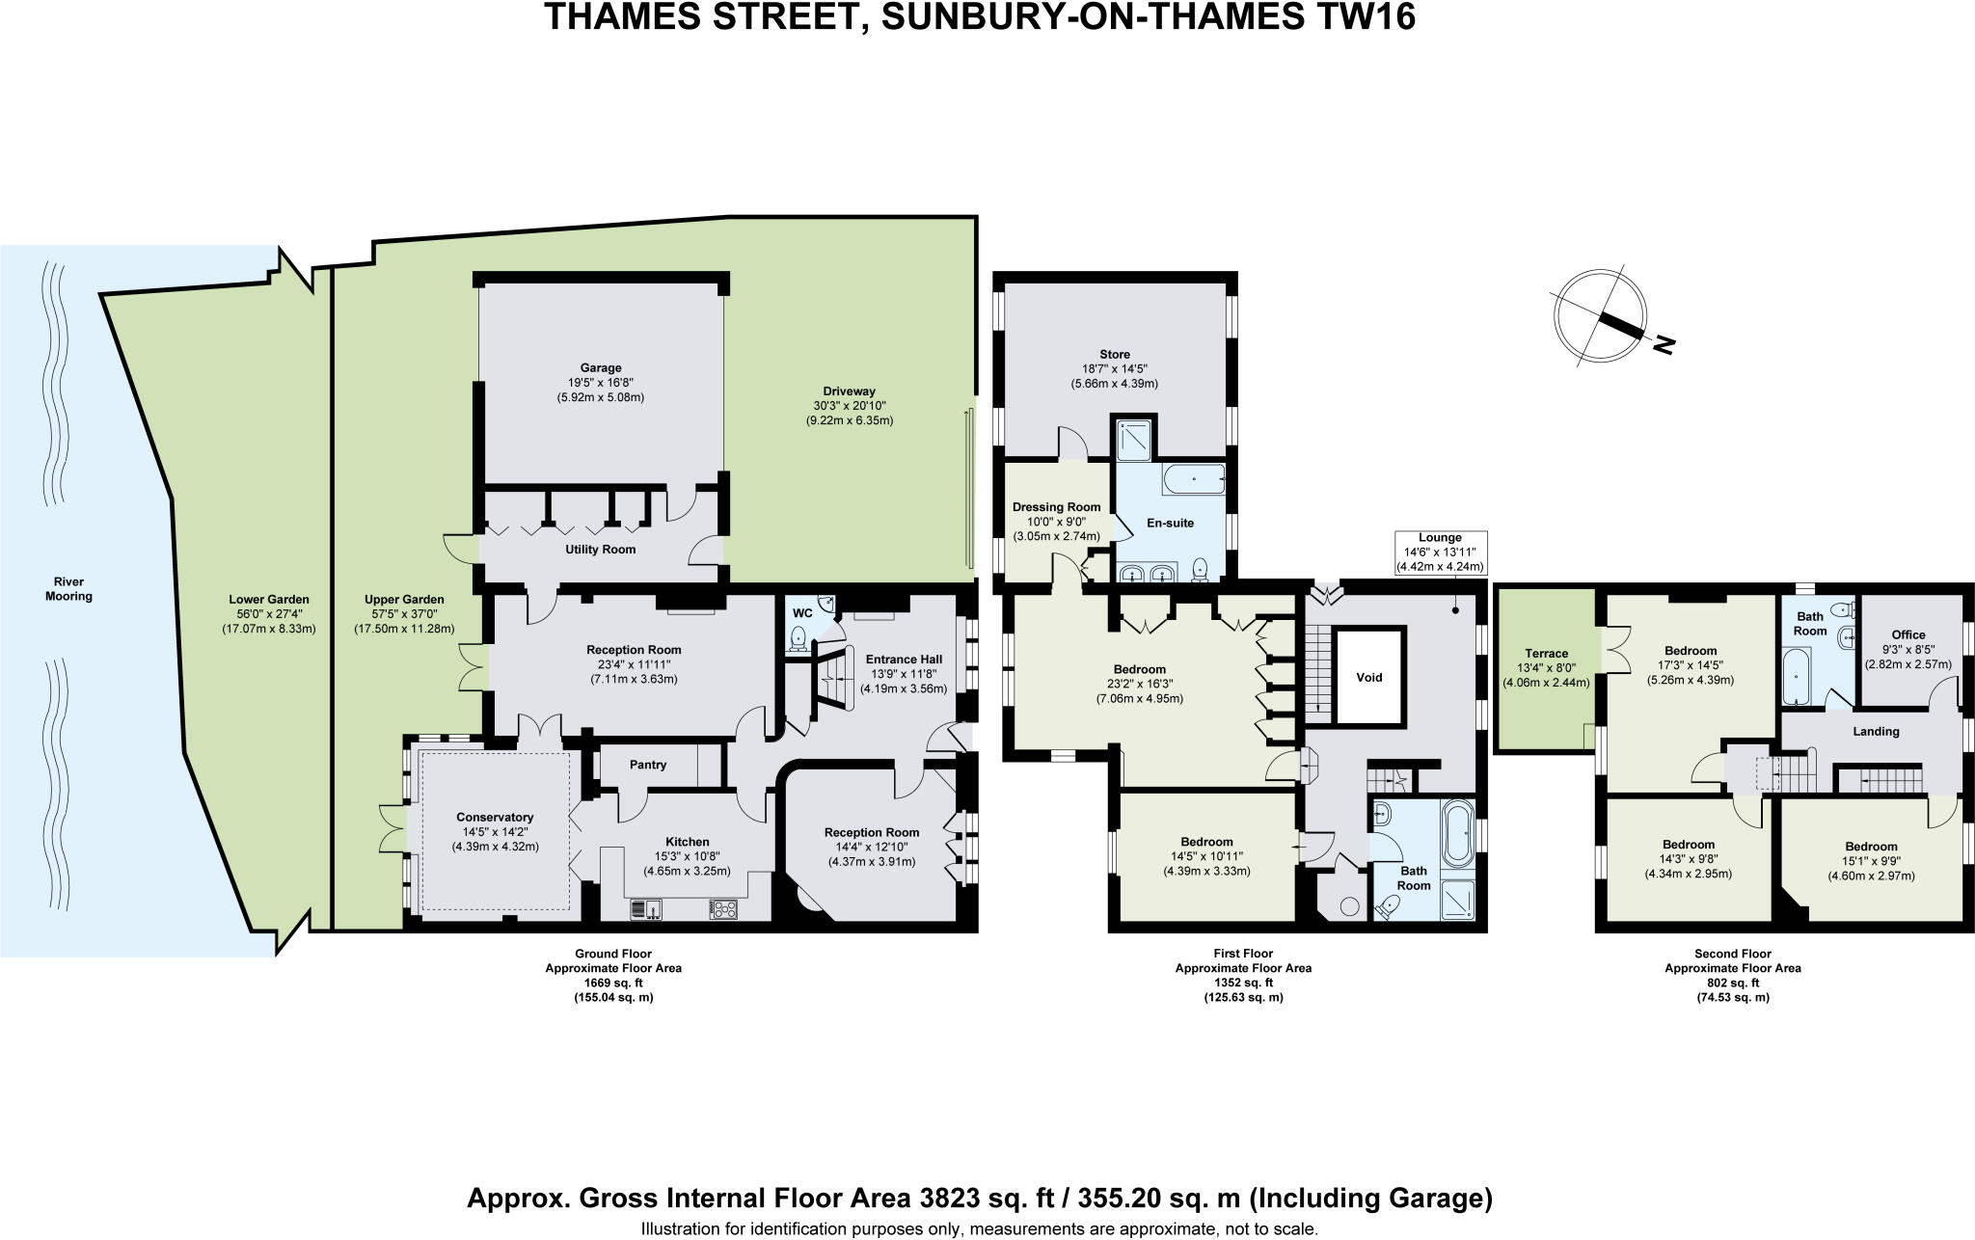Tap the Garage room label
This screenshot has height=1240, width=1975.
(600, 367)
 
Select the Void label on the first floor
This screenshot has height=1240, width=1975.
(1369, 677)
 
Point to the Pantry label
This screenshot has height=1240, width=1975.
(648, 765)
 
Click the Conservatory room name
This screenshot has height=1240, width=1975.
(495, 818)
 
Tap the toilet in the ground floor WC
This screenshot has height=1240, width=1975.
(798, 638)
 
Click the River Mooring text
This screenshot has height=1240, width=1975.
(68, 589)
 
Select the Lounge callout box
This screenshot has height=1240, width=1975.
(1440, 553)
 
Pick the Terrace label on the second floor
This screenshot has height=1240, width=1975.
(1546, 654)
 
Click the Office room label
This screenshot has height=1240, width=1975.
(1907, 634)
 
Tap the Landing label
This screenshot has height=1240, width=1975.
(1876, 731)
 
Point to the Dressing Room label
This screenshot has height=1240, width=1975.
(1056, 507)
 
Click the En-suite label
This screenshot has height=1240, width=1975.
(1170, 523)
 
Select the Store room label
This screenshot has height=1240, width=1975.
(1114, 354)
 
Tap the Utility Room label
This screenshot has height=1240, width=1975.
(600, 550)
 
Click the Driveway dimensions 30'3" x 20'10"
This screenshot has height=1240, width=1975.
(850, 406)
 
